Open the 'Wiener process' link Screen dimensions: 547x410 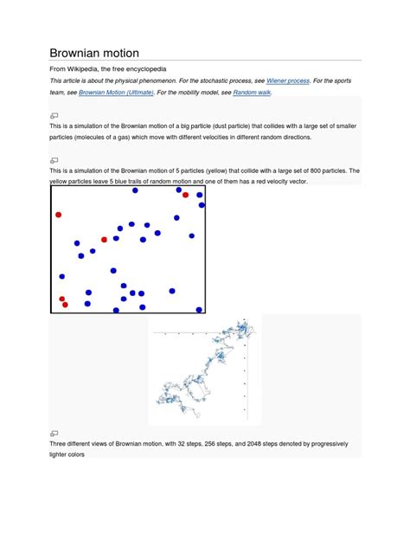click(x=287, y=80)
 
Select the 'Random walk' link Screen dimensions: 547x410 click(x=252, y=92)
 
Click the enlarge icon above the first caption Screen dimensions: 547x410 click(x=54, y=115)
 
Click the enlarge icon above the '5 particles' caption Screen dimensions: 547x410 click(x=54, y=160)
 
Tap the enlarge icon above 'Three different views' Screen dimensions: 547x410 click(x=54, y=433)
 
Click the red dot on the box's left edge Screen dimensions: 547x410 click(x=59, y=215)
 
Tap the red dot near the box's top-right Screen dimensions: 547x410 click(x=185, y=195)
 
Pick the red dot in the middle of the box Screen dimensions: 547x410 click(x=104, y=240)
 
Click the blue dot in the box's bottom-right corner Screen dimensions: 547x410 click(x=199, y=309)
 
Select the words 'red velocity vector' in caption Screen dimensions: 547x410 click(x=275, y=182)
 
